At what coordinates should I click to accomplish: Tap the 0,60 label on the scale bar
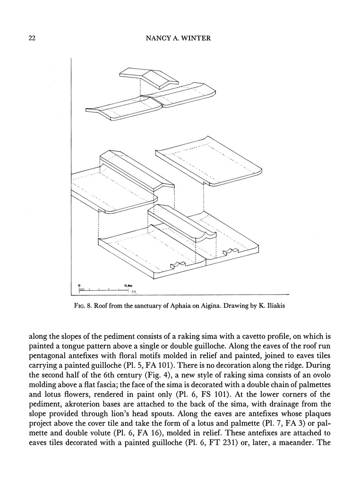(128, 285)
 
